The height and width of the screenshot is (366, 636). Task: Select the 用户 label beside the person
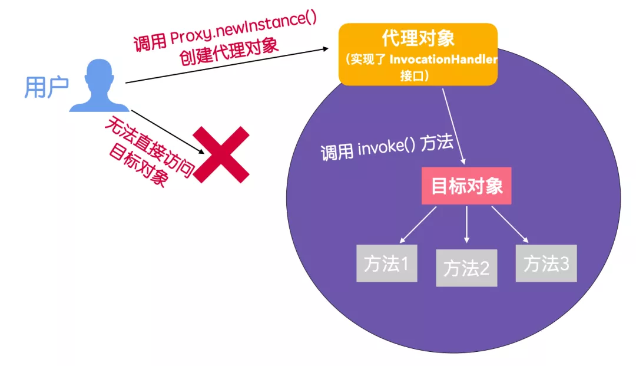pyautogui.click(x=47, y=87)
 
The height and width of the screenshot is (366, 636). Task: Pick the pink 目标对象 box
pyautogui.click(x=466, y=186)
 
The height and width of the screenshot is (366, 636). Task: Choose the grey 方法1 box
pyautogui.click(x=386, y=263)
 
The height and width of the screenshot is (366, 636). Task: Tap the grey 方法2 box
pyautogui.click(x=466, y=268)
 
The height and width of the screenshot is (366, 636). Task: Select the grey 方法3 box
pyautogui.click(x=546, y=263)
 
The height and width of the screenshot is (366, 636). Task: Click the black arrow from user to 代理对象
pyautogui.click(x=227, y=66)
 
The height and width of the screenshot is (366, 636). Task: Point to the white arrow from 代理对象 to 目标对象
pyautogui.click(x=454, y=125)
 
